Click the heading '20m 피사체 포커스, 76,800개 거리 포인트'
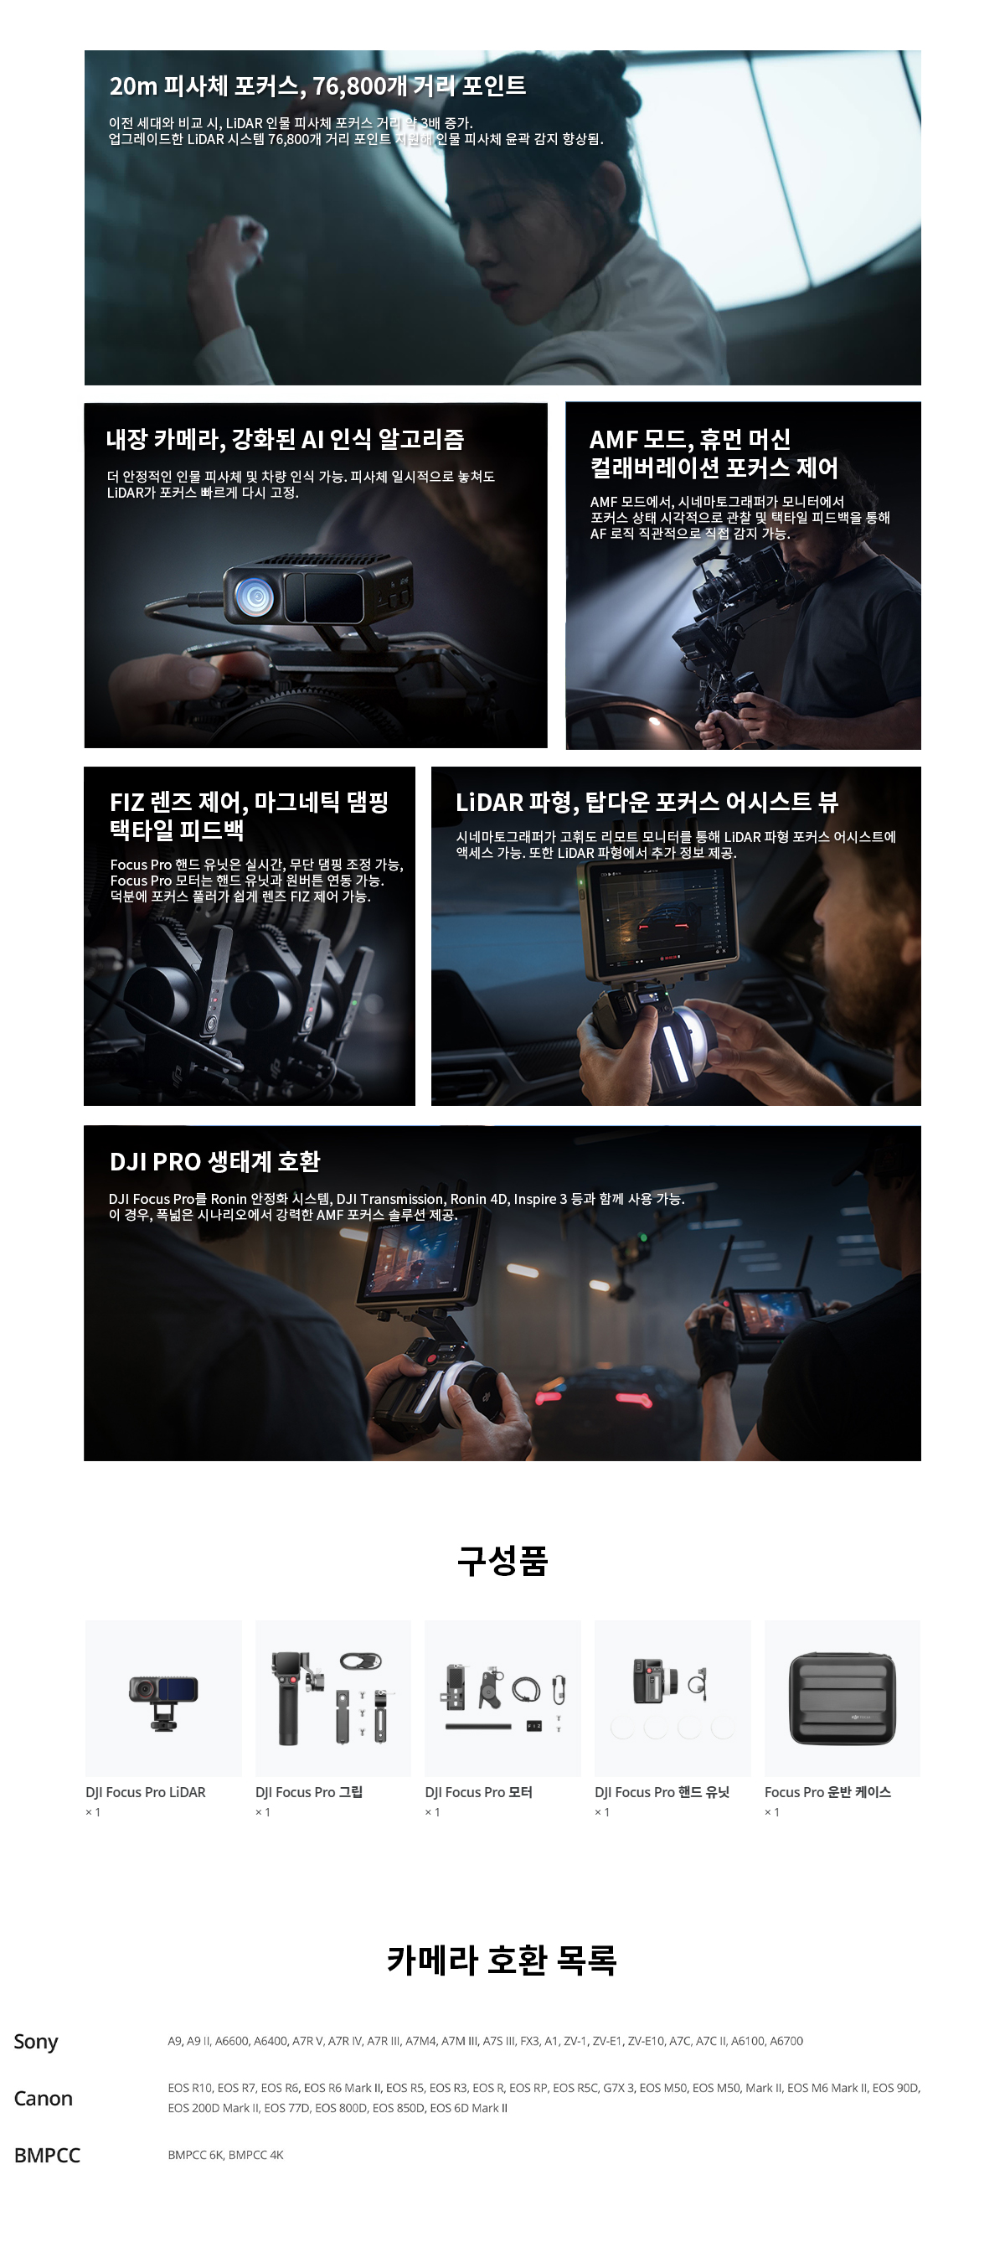tap(317, 85)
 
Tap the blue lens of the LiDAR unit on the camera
tap(255, 596)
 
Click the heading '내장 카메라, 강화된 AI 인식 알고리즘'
tap(285, 438)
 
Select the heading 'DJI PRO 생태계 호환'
tap(214, 1161)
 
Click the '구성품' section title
tap(502, 1560)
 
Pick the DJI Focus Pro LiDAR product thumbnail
tap(163, 1697)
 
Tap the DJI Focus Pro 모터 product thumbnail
tap(502, 1697)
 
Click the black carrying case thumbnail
tap(843, 1698)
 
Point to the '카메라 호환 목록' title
tap(502, 1960)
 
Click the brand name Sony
tap(36, 2041)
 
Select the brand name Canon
tap(43, 2098)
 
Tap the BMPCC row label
tap(48, 2154)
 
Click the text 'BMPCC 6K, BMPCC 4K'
tap(225, 2154)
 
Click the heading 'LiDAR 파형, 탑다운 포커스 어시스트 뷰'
tap(647, 801)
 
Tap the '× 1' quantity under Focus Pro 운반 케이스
tap(772, 1812)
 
